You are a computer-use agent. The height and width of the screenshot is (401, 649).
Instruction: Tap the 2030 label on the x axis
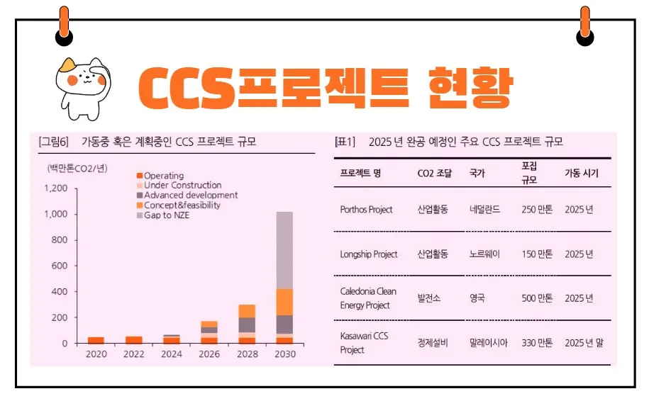(x=284, y=354)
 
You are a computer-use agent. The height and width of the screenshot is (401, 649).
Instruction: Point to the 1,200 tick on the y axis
(x=56, y=188)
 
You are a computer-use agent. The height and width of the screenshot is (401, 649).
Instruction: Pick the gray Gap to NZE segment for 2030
(x=284, y=250)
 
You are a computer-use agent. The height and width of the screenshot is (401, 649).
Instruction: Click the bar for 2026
(x=209, y=332)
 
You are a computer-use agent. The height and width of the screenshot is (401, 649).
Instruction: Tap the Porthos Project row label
(x=366, y=210)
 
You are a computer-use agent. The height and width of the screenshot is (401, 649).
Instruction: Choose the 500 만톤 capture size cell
(x=537, y=298)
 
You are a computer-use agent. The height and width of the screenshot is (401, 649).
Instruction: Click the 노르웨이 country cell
(x=484, y=254)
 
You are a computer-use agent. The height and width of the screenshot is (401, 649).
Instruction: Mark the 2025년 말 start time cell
(x=584, y=343)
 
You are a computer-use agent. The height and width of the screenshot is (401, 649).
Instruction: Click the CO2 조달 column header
(x=435, y=173)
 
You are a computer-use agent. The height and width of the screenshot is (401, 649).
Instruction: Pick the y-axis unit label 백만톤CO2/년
(x=77, y=168)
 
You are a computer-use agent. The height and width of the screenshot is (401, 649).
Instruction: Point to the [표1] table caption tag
(x=345, y=142)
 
